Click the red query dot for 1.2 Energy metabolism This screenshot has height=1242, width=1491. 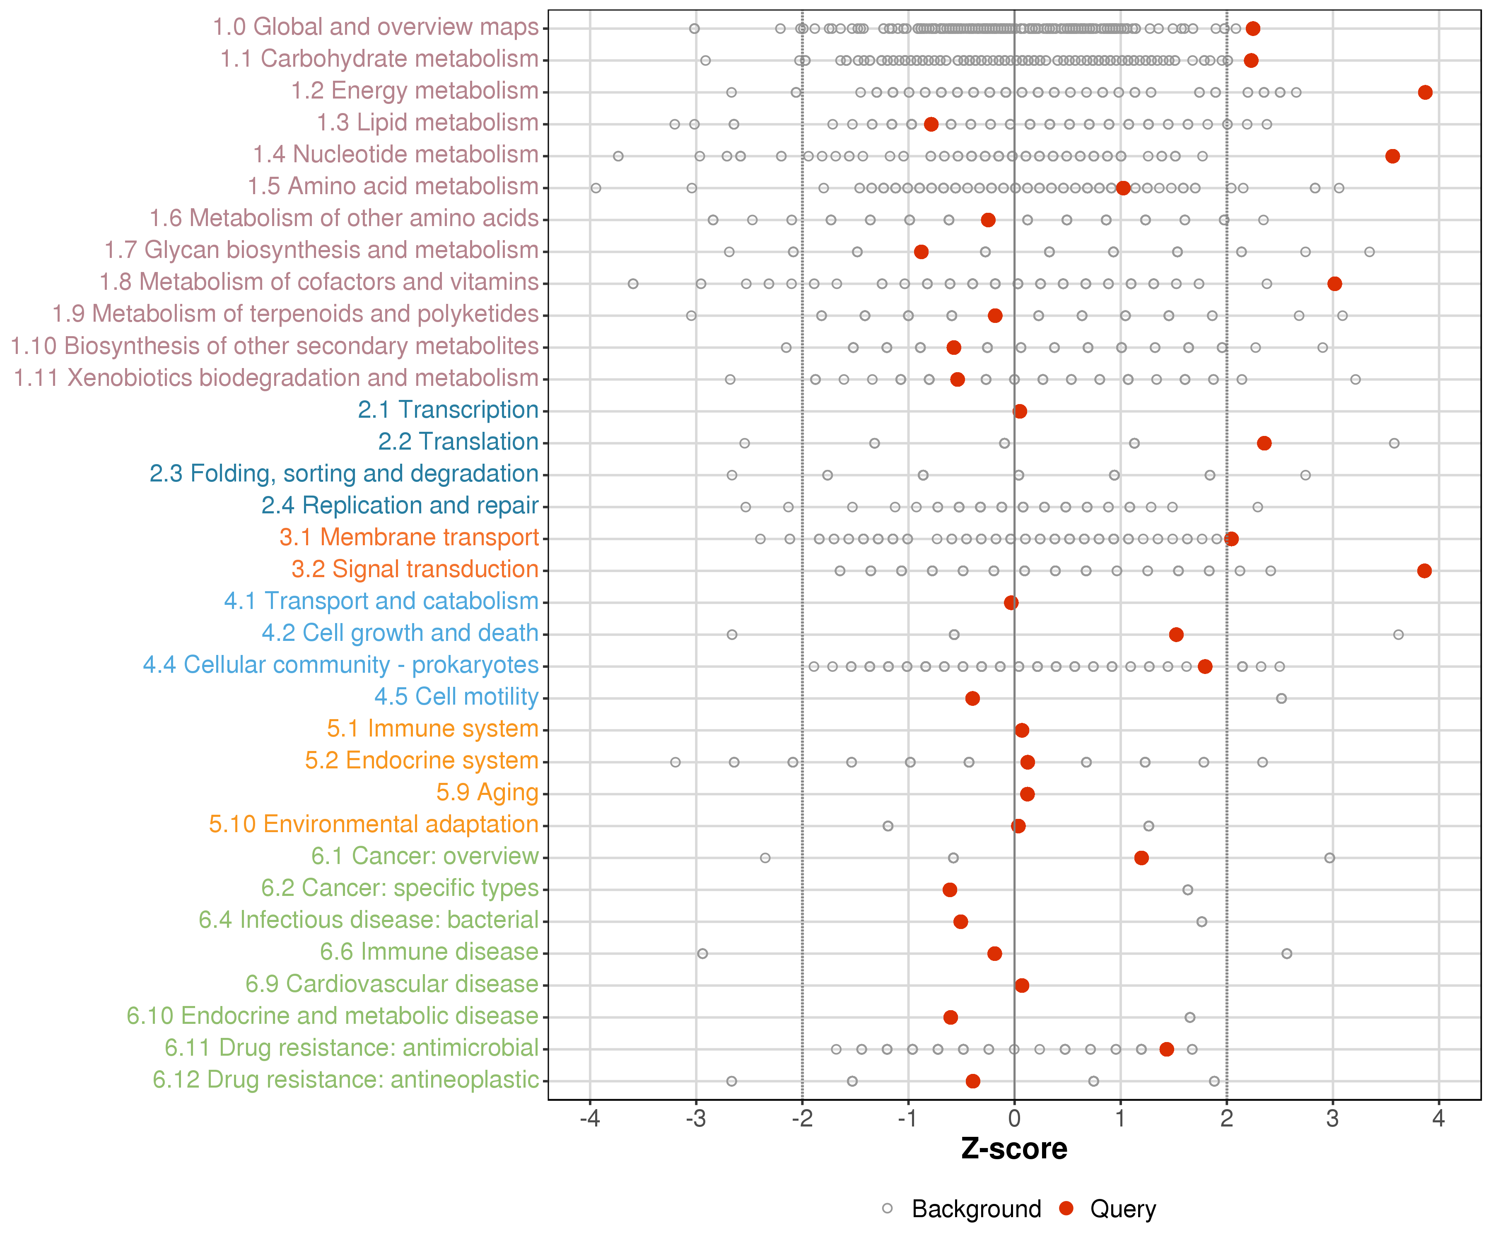point(1425,92)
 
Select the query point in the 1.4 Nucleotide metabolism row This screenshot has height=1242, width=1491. point(1392,156)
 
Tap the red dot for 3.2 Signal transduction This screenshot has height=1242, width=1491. point(1424,570)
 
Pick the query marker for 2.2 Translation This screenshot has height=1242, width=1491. point(1264,443)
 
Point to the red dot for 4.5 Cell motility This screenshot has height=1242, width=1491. point(973,698)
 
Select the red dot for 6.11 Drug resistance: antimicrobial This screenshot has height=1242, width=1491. point(1167,1049)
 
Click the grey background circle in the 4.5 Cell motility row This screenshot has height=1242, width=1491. point(1281,698)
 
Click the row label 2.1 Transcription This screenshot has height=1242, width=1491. point(448,410)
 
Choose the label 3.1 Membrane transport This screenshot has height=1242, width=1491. point(409,537)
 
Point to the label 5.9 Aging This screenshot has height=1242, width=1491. point(487,793)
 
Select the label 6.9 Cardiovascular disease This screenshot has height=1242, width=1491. point(392,984)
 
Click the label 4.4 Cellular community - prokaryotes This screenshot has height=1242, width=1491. point(341,665)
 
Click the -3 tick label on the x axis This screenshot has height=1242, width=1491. point(696,1119)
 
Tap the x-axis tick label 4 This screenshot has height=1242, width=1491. point(1438,1119)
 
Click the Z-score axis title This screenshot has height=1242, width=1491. point(1014,1149)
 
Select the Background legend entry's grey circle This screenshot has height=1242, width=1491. point(888,1208)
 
